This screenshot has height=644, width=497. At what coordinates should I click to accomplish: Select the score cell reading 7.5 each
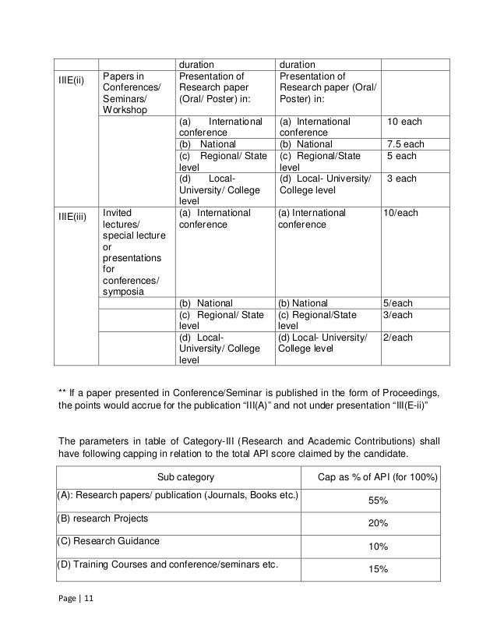coord(405,144)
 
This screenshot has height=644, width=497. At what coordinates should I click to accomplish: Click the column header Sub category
coord(184,477)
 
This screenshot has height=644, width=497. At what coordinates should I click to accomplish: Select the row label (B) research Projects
coord(103,518)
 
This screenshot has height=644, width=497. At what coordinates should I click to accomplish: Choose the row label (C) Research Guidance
coord(108,540)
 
